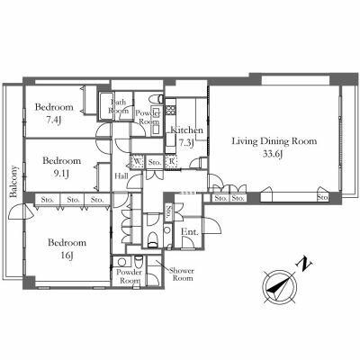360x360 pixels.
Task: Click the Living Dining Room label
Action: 274,141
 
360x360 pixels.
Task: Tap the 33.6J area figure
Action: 274,154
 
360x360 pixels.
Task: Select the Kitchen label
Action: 186,130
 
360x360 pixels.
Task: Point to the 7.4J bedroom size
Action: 54,121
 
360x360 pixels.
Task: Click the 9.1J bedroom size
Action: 60,175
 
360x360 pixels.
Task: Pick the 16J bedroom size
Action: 67,256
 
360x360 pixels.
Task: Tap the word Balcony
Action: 13,182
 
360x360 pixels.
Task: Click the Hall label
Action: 121,175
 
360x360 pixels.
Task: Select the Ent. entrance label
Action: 190,232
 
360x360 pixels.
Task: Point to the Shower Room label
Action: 182,274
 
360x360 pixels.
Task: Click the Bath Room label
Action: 118,106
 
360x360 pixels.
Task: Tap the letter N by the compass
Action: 305,264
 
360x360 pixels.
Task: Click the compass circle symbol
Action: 279,286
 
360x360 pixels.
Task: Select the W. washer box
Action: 138,162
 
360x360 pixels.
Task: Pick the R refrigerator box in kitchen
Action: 171,162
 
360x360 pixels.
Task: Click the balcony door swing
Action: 22,211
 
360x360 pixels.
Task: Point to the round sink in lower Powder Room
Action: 121,262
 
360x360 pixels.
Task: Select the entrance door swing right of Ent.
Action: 212,225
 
